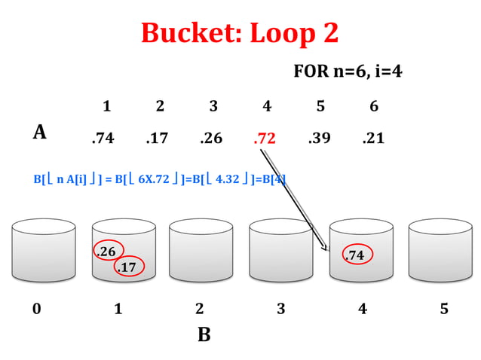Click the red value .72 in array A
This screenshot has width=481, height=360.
265,139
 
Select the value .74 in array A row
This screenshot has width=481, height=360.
103,139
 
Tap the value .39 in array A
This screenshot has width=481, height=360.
320,139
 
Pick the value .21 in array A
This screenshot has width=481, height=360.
373,139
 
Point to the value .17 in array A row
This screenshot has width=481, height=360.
157,139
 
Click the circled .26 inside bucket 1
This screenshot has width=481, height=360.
108,252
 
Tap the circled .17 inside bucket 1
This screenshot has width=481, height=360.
127,267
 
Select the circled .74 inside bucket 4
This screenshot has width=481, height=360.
355,256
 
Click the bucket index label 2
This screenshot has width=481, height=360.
199,309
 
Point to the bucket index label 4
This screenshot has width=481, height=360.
363,309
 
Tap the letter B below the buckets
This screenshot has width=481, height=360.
204,335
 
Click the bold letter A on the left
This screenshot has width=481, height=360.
40,133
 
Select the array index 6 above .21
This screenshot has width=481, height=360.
374,107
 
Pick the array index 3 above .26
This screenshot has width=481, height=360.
213,107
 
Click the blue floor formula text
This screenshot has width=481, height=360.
159,179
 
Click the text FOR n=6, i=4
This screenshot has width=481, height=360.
348,72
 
